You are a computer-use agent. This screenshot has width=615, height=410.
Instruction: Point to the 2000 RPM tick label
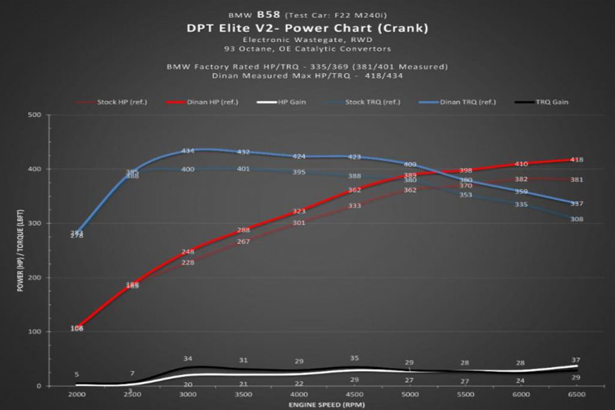coord(77,394)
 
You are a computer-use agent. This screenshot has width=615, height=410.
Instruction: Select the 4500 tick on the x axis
coord(354,394)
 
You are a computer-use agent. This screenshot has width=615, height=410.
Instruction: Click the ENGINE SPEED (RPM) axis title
coord(327,405)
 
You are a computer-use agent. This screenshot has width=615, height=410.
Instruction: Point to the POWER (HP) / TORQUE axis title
coord(20,250)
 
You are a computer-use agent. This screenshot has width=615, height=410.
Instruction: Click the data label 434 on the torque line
coord(188,151)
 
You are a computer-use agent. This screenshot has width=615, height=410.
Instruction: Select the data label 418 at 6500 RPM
coord(577,160)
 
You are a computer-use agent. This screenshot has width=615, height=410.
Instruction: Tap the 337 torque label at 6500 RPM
coord(577,204)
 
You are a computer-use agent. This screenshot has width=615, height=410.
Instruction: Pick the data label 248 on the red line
coord(188,252)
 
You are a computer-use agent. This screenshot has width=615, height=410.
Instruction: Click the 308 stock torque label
coord(577,219)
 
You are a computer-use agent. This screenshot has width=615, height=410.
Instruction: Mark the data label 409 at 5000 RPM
coord(410,164)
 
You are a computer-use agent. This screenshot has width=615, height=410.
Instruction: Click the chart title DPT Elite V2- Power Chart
coord(307,28)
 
